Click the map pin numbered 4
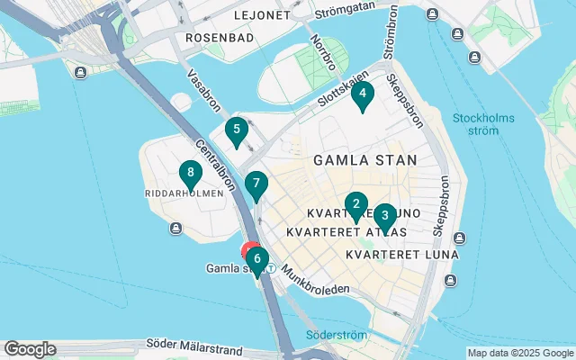point(362,94)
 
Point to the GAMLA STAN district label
point(364,160)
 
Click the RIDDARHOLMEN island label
point(183,193)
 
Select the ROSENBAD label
point(219,38)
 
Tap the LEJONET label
point(262,16)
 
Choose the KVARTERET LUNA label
point(402,255)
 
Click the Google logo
point(30,349)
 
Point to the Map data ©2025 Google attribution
point(519,353)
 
